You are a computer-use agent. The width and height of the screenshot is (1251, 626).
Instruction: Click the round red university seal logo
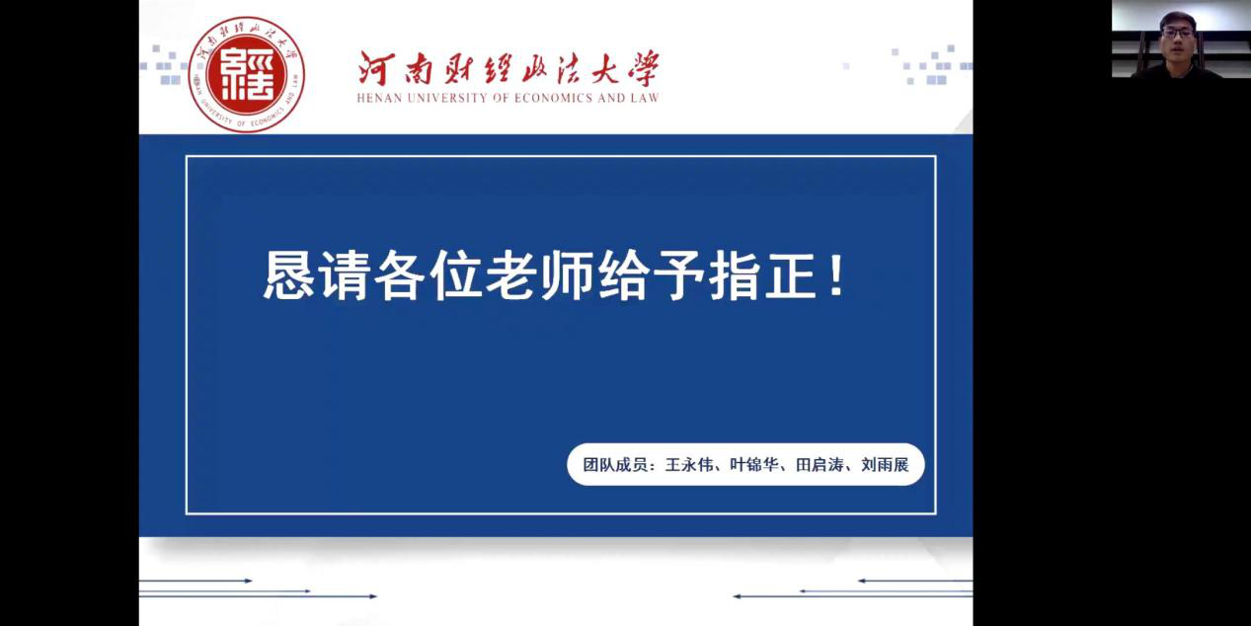pyautogui.click(x=246, y=74)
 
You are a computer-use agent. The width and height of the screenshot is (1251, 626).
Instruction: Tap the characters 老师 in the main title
pyautogui.click(x=539, y=274)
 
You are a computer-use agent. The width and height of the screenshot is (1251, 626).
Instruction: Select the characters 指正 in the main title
pyautogui.click(x=762, y=274)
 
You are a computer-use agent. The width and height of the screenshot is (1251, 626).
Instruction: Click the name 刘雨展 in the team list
pyautogui.click(x=885, y=465)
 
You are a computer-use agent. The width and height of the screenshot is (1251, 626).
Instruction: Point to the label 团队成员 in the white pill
pyautogui.click(x=615, y=465)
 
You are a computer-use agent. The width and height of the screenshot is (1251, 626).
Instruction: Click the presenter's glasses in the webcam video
pyautogui.click(x=1178, y=33)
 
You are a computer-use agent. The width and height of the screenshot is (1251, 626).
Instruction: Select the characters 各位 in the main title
pyautogui.click(x=428, y=274)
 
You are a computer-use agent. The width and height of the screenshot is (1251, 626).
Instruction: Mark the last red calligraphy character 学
pyautogui.click(x=644, y=68)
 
